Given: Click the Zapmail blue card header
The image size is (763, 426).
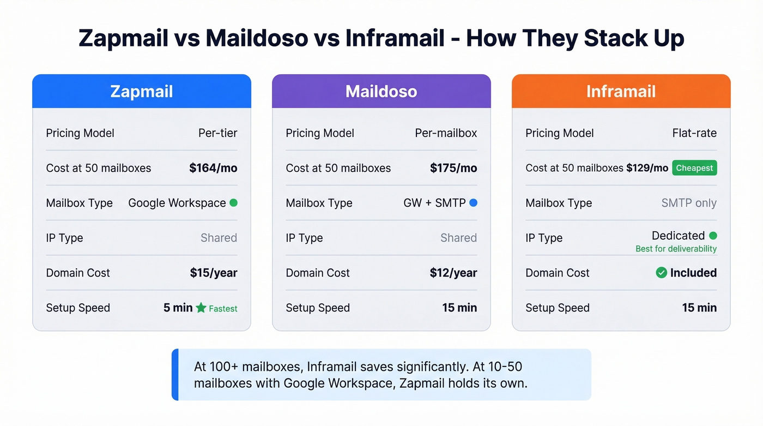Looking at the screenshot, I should [142, 91].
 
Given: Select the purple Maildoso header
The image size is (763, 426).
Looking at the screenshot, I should [381, 91].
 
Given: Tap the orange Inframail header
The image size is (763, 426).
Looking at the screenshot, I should [621, 91].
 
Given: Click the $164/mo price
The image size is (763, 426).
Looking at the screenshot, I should [213, 168].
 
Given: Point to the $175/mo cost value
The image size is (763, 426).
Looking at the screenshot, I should [453, 168].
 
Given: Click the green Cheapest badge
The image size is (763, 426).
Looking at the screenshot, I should [694, 168].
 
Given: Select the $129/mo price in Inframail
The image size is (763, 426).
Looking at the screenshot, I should [647, 168].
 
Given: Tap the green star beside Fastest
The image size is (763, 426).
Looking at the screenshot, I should [201, 308].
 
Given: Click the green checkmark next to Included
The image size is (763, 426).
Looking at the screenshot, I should [661, 273].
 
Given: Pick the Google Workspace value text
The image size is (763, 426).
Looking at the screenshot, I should [177, 203].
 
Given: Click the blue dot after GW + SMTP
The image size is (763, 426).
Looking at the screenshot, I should [473, 203].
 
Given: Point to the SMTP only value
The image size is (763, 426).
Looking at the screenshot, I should [689, 203].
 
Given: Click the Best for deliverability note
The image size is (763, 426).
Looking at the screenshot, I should [676, 249].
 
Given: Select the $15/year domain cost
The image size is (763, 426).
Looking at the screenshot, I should [214, 273].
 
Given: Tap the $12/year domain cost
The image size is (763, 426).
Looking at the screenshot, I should [453, 273].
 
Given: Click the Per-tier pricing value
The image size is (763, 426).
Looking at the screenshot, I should [218, 133].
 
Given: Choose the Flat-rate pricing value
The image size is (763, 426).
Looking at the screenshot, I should [694, 133].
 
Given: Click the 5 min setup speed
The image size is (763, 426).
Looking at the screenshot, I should [178, 308].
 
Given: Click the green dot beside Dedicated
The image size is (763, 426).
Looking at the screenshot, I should [713, 236].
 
